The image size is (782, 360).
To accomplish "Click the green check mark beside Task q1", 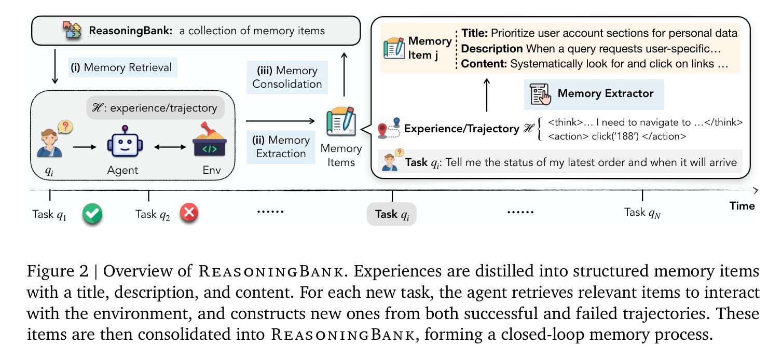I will pos(92,214).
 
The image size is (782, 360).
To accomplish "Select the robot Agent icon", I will pos(125,141).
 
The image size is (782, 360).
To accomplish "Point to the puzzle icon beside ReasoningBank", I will pos(72,31).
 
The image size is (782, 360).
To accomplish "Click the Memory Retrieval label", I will pos(122,67).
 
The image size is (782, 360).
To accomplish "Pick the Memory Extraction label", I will pos(281,146).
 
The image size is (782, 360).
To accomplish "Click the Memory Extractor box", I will pos(594,94).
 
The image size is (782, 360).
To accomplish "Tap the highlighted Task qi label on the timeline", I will pos(392,214).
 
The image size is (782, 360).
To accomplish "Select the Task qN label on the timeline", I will pos(642,213).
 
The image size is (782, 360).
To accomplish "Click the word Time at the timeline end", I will pos(742,206).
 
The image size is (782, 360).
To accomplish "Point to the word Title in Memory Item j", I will pos(474,33).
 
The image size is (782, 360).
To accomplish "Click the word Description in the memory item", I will pos(492,49).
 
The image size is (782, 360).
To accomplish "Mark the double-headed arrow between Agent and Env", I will pos(170,147).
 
